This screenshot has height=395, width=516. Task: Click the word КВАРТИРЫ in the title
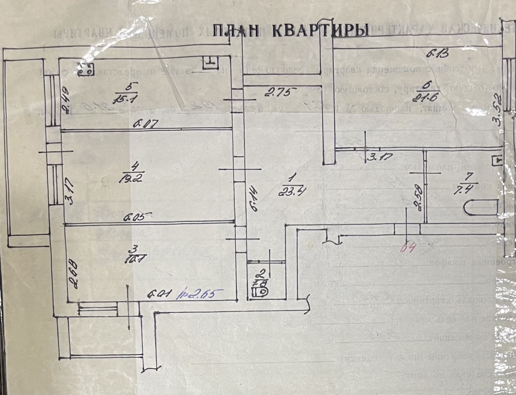tap(321, 31)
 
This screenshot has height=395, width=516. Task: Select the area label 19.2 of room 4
tap(131, 178)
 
